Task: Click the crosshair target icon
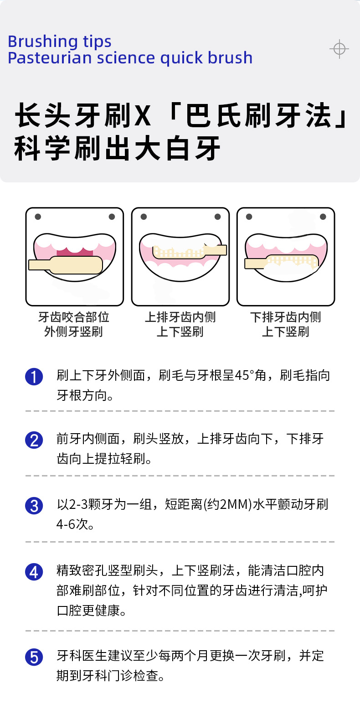(x=339, y=48)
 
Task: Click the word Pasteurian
(x=50, y=58)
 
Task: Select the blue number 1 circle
(x=34, y=377)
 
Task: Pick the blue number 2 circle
(x=34, y=440)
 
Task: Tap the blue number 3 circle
(x=34, y=506)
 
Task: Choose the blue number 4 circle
(x=34, y=572)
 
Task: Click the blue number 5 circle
(x=34, y=657)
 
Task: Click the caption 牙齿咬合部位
(x=74, y=317)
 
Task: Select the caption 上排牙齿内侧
(x=180, y=317)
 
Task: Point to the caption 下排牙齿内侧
(x=286, y=317)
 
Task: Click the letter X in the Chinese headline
(x=143, y=116)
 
